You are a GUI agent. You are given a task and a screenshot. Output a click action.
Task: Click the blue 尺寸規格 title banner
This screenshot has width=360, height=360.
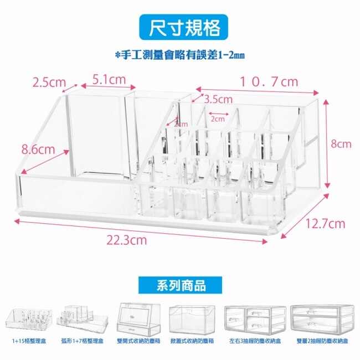(x=180, y=28)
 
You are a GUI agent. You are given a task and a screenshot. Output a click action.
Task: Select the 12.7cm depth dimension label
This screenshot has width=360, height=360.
(x=326, y=224)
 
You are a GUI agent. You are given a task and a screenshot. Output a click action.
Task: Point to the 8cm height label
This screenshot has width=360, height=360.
(x=341, y=144)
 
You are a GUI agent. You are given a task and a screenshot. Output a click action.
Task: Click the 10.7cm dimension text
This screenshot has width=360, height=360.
(x=269, y=82)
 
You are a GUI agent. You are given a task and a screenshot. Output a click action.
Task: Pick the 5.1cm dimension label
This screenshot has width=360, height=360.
(x=109, y=80)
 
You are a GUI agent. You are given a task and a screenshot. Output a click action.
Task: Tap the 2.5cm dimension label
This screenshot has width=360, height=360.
(x=49, y=83)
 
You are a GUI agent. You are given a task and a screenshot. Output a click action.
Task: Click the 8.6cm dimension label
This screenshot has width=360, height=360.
(x=38, y=150)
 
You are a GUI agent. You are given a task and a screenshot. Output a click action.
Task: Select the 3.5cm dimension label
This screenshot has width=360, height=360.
(x=218, y=100)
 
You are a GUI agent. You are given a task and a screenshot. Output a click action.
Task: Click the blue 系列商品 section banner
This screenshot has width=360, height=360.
(x=180, y=285)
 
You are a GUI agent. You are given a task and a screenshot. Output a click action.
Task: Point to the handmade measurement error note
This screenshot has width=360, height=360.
(x=179, y=55)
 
